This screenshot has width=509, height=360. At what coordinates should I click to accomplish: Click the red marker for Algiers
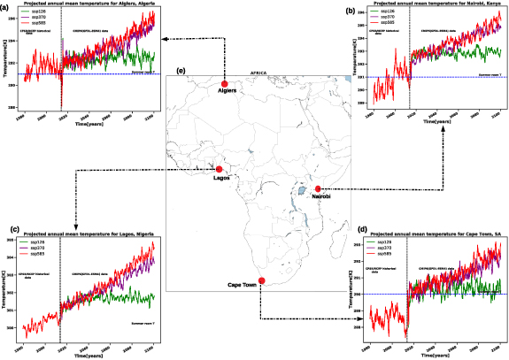coord(224,87)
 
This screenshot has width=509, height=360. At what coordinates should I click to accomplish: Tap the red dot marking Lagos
coord(219,169)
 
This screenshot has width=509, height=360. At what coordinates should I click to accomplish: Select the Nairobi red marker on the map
coord(318,188)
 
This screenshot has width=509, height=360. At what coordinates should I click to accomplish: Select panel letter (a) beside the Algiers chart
coord(4,6)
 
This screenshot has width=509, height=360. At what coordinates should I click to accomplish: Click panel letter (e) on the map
coord(181,71)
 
